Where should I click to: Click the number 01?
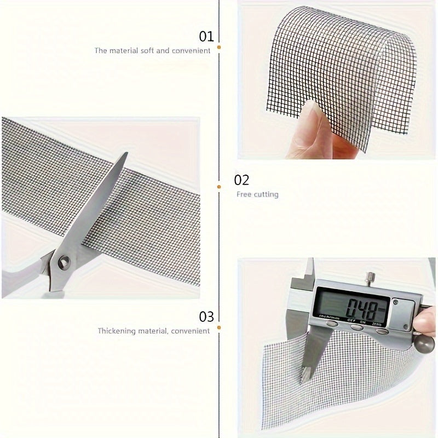(206, 37)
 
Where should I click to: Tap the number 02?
(241, 180)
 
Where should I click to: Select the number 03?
(206, 316)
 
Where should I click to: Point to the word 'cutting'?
(267, 194)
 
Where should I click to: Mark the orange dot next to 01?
(219, 48)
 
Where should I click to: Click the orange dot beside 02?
(219, 187)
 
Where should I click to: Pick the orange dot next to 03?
(219, 327)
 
